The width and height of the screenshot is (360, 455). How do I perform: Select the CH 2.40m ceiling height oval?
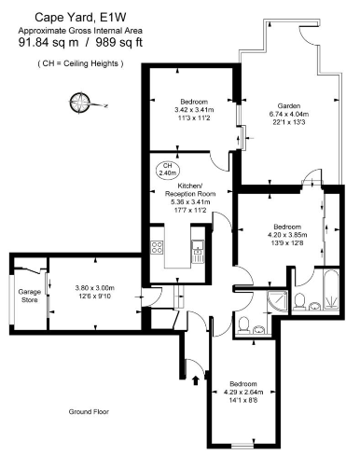coord(168,170)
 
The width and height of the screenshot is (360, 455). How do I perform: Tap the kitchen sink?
coord(197,248)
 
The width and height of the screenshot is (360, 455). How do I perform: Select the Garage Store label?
coord(30,296)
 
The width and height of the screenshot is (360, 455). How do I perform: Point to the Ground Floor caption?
coord(90,411)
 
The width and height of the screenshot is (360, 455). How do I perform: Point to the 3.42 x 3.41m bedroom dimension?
coord(193,110)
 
